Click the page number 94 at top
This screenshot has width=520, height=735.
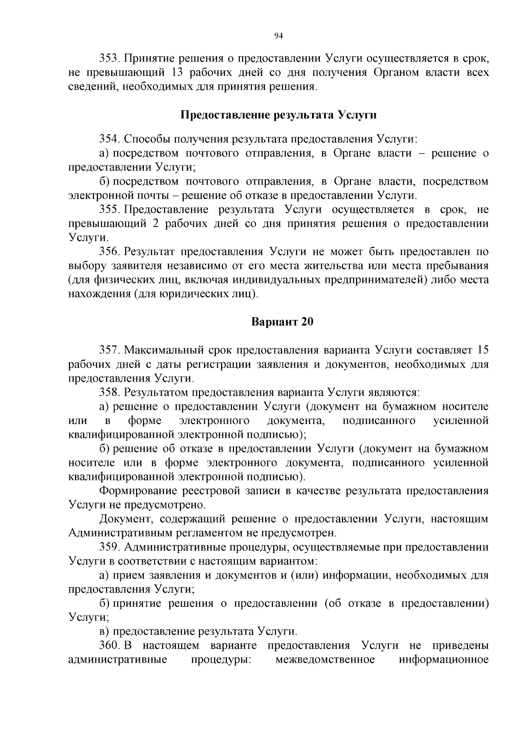point(279,36)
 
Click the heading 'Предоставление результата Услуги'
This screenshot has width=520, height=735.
point(278,115)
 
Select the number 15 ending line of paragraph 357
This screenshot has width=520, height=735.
point(482,350)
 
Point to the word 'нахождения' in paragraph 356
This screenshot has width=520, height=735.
point(98,295)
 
